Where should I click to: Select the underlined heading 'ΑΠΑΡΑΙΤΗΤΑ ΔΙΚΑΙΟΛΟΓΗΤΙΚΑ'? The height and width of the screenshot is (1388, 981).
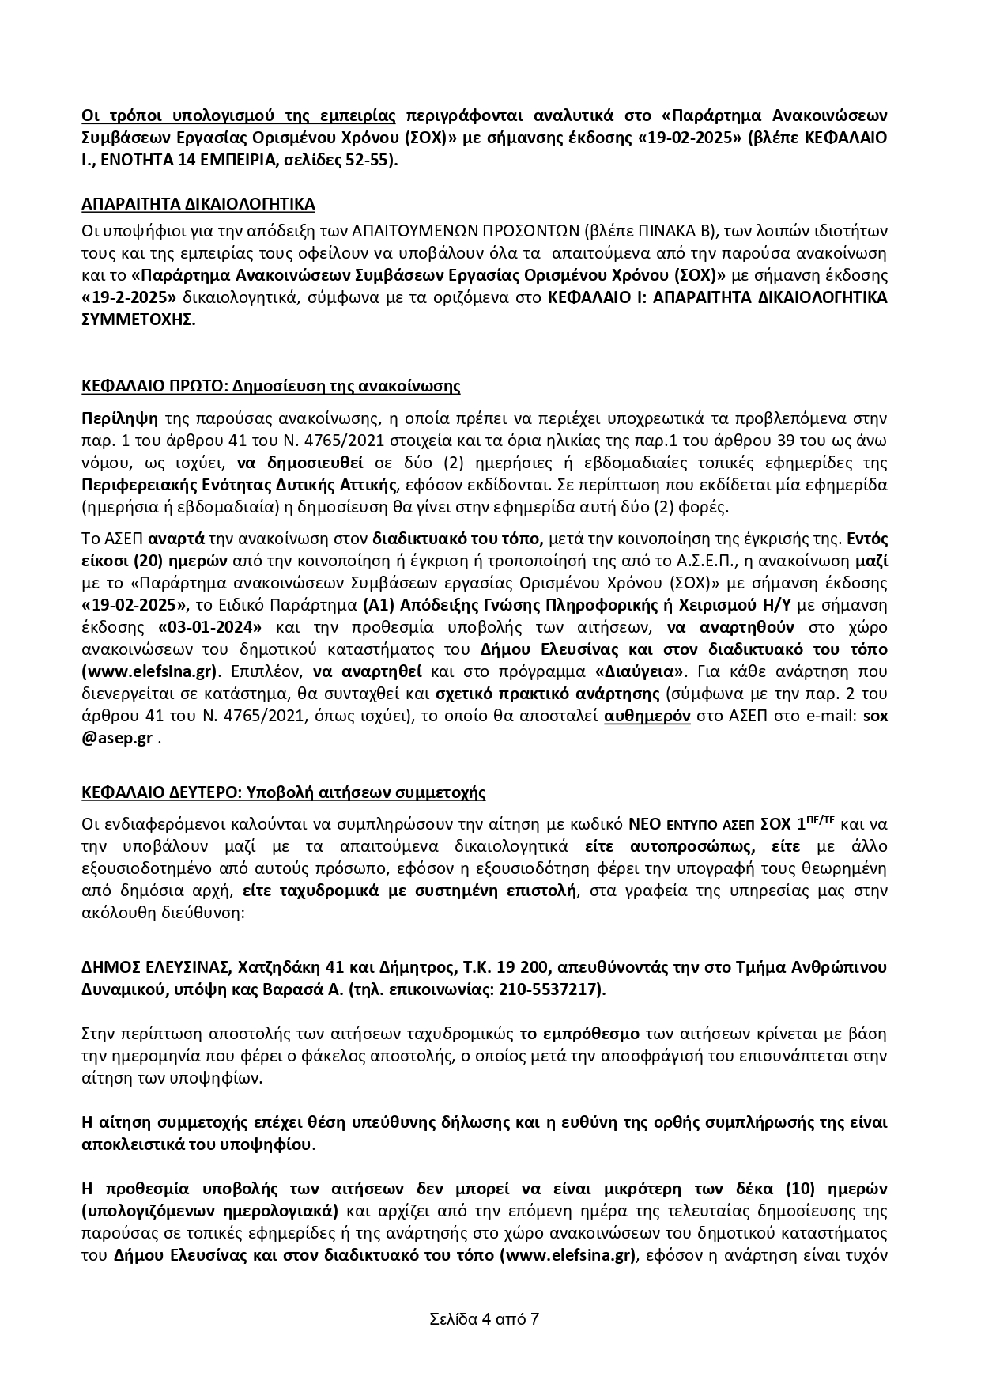[198, 204]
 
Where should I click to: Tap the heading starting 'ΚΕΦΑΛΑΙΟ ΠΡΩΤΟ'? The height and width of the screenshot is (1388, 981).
[271, 386]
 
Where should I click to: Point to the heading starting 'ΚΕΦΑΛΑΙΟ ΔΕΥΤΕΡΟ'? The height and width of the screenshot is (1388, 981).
[284, 792]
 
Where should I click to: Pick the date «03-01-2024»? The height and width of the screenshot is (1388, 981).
[209, 628]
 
